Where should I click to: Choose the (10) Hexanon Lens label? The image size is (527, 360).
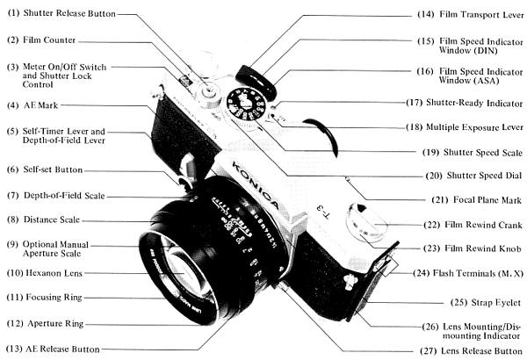[x=44, y=273]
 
